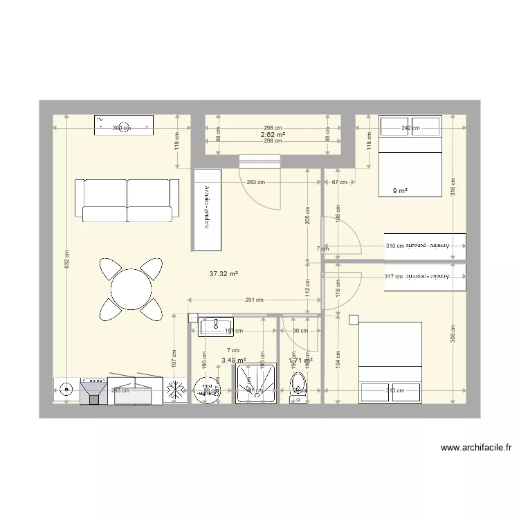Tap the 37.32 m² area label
click(x=224, y=273)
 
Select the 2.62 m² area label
click(x=273, y=134)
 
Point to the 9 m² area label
click(x=400, y=191)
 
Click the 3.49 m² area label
click(x=233, y=360)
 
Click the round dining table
click(x=131, y=289)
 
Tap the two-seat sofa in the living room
click(x=127, y=200)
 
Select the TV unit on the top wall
click(x=124, y=127)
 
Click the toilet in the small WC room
click(x=298, y=388)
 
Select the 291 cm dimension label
click(x=255, y=300)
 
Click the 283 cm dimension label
click(x=255, y=182)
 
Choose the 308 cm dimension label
click(x=453, y=334)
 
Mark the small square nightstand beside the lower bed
click(x=354, y=320)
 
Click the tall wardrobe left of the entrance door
click(x=207, y=210)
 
